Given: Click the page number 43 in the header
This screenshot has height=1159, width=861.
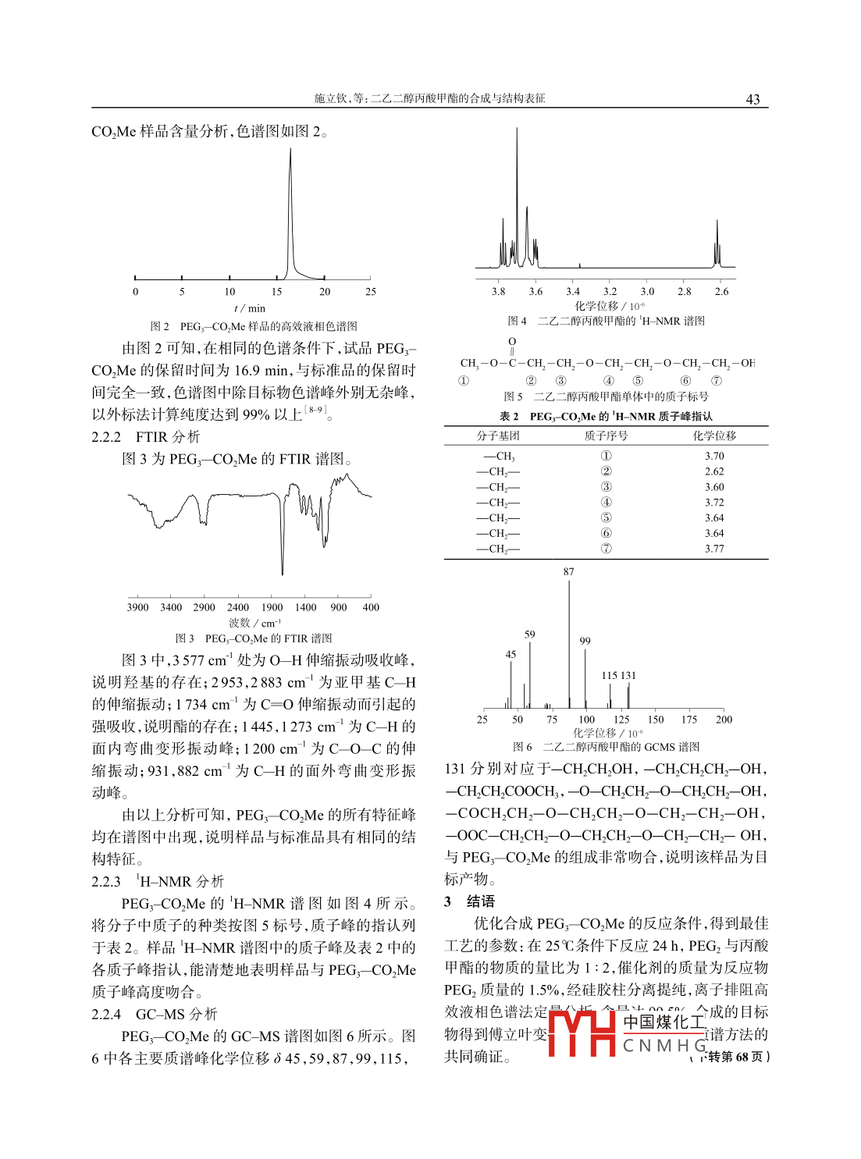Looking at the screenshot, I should [x=752, y=99].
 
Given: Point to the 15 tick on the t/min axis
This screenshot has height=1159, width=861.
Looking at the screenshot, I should [x=276, y=292].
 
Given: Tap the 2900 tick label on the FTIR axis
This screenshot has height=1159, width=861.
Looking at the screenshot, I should [x=204, y=607].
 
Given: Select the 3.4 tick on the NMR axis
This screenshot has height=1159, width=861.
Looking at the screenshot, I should [x=573, y=292].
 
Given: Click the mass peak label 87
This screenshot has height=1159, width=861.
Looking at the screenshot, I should [x=568, y=572].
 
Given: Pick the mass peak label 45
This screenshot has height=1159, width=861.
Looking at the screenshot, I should [x=511, y=655].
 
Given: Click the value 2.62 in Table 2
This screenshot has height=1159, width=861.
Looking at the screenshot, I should [x=714, y=471].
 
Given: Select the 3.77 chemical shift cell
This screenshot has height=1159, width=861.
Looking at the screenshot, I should [x=714, y=549].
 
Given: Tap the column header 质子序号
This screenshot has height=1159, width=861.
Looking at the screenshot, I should [x=606, y=436].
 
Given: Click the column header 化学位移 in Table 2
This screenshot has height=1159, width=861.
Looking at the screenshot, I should [x=714, y=436].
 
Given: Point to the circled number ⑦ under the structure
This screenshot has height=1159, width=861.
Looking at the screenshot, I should [x=717, y=381].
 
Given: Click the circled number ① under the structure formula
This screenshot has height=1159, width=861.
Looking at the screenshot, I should [x=464, y=381].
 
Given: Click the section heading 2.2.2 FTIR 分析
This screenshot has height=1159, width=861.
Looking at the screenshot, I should [x=146, y=437].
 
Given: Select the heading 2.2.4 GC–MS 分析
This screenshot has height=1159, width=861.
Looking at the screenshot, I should [x=155, y=1014].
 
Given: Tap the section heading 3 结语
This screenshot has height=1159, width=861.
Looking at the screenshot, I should [x=470, y=901].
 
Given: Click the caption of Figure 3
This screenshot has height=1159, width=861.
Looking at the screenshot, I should [x=254, y=638].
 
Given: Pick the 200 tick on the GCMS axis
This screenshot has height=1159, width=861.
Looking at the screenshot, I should [x=724, y=720].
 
